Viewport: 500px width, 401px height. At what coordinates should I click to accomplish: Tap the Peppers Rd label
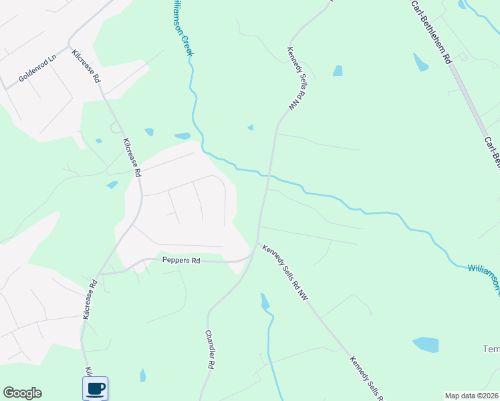(x=181, y=260)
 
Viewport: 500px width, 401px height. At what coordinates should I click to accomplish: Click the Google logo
(x=22, y=393)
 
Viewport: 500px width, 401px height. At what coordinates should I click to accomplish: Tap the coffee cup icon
(x=95, y=388)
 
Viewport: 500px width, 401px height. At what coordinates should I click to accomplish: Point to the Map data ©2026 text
(x=472, y=396)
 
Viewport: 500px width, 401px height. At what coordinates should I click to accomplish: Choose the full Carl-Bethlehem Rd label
(x=431, y=32)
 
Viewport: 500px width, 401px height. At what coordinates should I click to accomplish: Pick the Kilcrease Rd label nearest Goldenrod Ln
(x=89, y=65)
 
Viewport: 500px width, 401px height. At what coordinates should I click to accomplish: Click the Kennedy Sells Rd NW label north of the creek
(x=295, y=78)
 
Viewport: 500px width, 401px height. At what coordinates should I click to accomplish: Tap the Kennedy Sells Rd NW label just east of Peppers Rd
(x=284, y=272)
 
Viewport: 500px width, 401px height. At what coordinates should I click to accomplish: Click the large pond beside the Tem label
(x=426, y=345)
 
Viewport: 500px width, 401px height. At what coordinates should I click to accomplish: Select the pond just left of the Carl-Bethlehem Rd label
(x=420, y=62)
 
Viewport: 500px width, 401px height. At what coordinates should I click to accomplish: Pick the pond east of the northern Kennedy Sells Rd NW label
(x=338, y=70)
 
